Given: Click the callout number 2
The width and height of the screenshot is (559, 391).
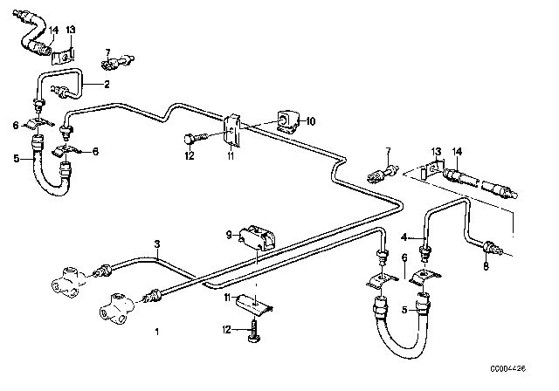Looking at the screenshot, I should pyautogui.click(x=107, y=85).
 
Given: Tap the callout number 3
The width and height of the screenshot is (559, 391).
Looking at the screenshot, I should pyautogui.click(x=157, y=244).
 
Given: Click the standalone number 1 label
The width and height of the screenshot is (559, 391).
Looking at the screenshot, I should pyautogui.click(x=156, y=332).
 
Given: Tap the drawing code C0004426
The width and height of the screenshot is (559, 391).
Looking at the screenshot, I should pyautogui.click(x=531, y=381).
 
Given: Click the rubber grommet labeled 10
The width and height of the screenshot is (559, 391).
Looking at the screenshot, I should pyautogui.click(x=286, y=118).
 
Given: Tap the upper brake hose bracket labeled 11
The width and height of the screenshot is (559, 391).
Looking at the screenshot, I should pyautogui.click(x=233, y=131).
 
